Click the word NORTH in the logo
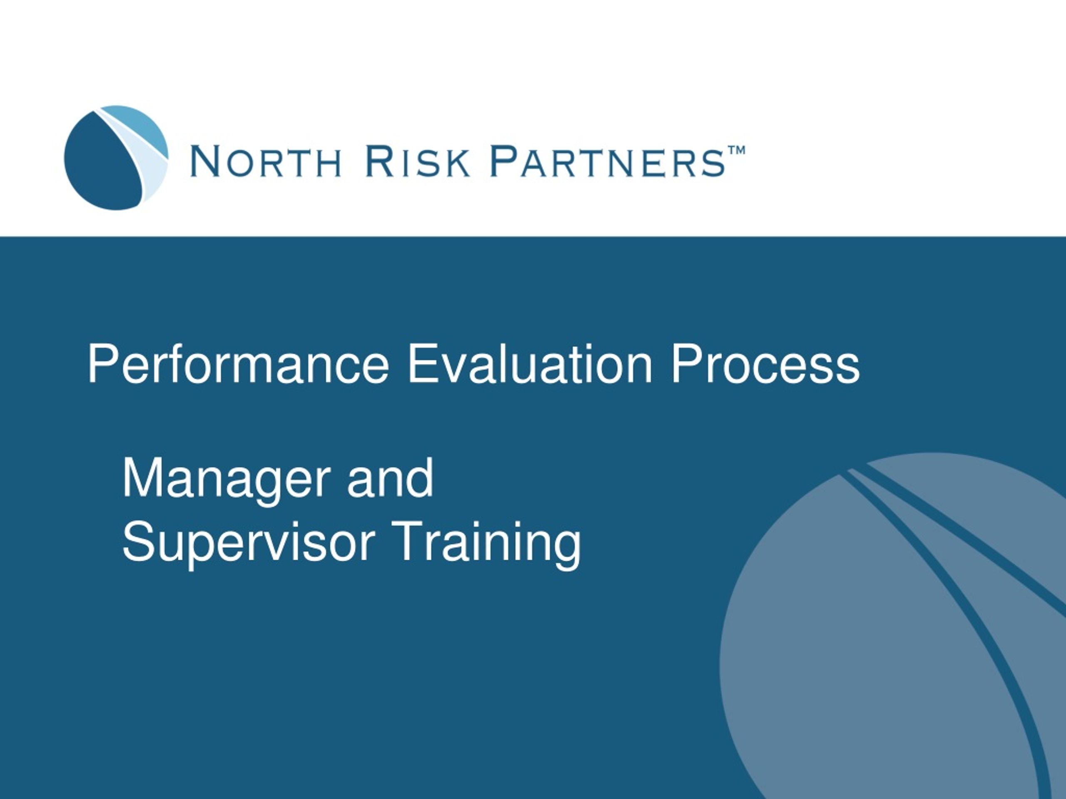(x=266, y=161)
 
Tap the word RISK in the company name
(x=417, y=161)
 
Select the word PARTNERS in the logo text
(x=608, y=161)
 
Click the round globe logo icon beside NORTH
(x=116, y=157)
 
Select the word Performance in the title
(x=238, y=365)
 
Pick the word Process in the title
(x=765, y=365)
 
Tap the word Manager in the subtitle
(x=227, y=479)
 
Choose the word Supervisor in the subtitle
(x=249, y=543)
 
